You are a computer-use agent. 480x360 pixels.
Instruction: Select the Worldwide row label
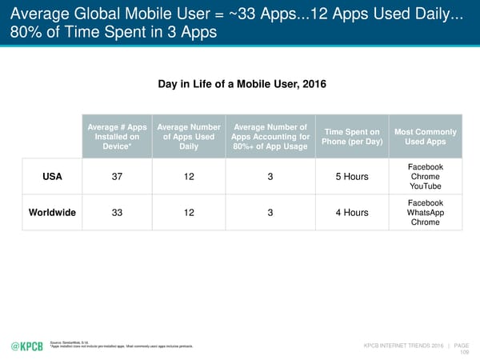53,213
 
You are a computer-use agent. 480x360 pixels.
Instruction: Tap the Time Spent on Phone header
352,138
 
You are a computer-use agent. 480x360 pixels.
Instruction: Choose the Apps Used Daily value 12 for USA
190,176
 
